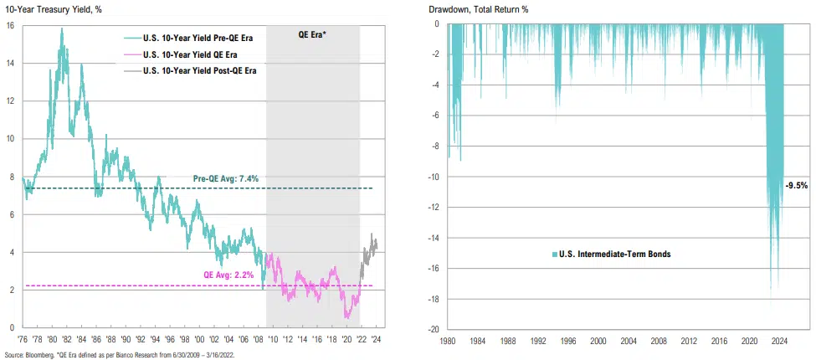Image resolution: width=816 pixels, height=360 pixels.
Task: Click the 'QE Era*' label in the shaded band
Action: [x=312, y=36]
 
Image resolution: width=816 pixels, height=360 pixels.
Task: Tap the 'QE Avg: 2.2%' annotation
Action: [x=228, y=275]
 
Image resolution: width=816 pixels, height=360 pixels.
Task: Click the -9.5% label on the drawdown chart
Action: [x=796, y=185]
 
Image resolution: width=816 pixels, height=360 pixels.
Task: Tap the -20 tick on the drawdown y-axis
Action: [x=434, y=329]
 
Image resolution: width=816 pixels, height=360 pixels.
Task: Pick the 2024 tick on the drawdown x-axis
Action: [x=778, y=341]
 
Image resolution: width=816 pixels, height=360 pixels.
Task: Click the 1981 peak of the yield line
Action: [x=61, y=30]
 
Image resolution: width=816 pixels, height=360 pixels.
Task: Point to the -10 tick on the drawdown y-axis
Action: [x=434, y=177]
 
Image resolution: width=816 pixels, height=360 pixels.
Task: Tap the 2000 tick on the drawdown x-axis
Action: [x=598, y=341]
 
